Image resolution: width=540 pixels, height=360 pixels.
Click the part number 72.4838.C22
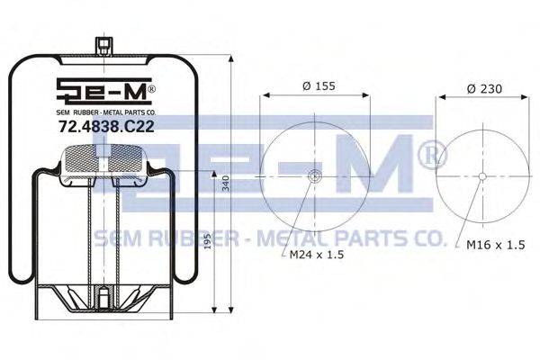106,127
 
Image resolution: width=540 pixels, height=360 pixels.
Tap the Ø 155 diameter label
319,85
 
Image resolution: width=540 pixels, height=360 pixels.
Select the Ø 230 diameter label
484,89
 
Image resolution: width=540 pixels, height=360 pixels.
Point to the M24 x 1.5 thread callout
317,255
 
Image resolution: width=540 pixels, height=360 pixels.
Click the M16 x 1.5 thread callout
496,245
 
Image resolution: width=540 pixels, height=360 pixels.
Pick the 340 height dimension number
225,184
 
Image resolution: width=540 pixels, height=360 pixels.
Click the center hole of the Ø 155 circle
314,176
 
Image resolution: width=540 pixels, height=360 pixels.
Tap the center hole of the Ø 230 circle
482,176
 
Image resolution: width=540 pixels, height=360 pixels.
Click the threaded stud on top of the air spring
103,46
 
